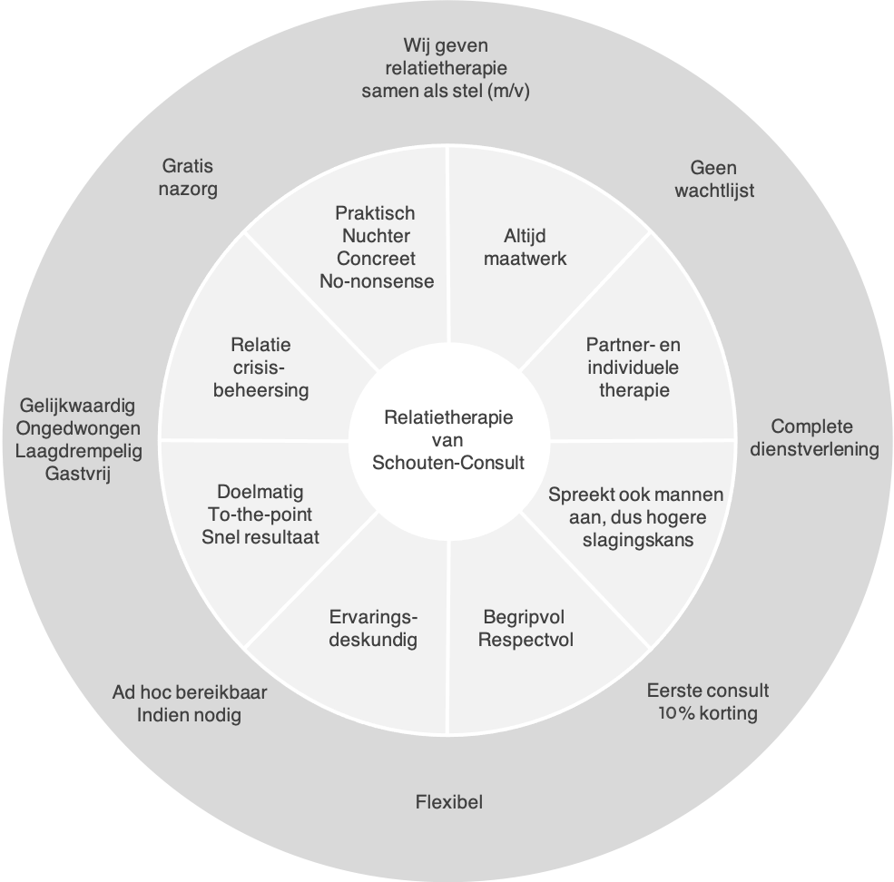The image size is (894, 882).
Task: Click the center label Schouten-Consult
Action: pos(448,462)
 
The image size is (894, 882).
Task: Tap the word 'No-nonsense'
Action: pos(377,280)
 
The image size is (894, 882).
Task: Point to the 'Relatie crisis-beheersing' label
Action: pos(260,368)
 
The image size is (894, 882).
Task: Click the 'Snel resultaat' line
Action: pos(260,536)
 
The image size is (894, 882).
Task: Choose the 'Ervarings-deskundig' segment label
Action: pos(373,629)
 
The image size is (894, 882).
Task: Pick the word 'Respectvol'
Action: pos(526,640)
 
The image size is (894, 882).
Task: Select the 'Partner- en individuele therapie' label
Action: pos(633,367)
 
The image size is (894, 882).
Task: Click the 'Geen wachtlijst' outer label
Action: pos(713,179)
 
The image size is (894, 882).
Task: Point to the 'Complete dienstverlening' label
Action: pos(812,437)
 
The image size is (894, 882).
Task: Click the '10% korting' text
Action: pos(708,712)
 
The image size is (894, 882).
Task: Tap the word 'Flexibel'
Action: pos(448,802)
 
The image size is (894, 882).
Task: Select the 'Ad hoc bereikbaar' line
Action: pos(190,691)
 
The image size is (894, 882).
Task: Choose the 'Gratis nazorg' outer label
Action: pos(189,178)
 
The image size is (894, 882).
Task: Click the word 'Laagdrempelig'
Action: pos(78,451)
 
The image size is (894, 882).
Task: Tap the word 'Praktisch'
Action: pos(375,213)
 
